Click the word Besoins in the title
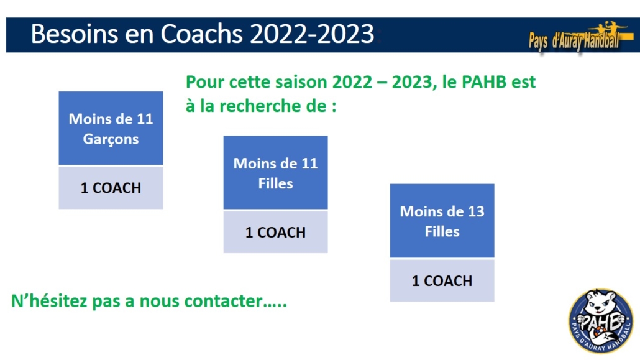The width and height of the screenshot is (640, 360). [75, 34]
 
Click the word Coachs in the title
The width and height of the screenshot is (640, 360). [201, 34]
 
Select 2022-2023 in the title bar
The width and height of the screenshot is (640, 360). [312, 34]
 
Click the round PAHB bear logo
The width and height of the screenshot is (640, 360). [601, 321]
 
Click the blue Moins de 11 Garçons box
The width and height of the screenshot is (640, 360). [111, 128]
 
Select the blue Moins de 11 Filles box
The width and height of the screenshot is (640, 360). [275, 172]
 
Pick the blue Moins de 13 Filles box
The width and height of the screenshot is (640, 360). [442, 221]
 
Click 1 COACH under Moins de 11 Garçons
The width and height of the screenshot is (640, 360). [111, 188]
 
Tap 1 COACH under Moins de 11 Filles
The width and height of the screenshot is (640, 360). [275, 232]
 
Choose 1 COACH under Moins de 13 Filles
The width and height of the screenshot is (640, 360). [442, 281]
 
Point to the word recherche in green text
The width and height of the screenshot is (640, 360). [260, 106]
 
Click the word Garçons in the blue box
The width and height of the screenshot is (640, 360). [111, 139]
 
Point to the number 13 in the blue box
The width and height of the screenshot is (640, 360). [476, 211]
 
